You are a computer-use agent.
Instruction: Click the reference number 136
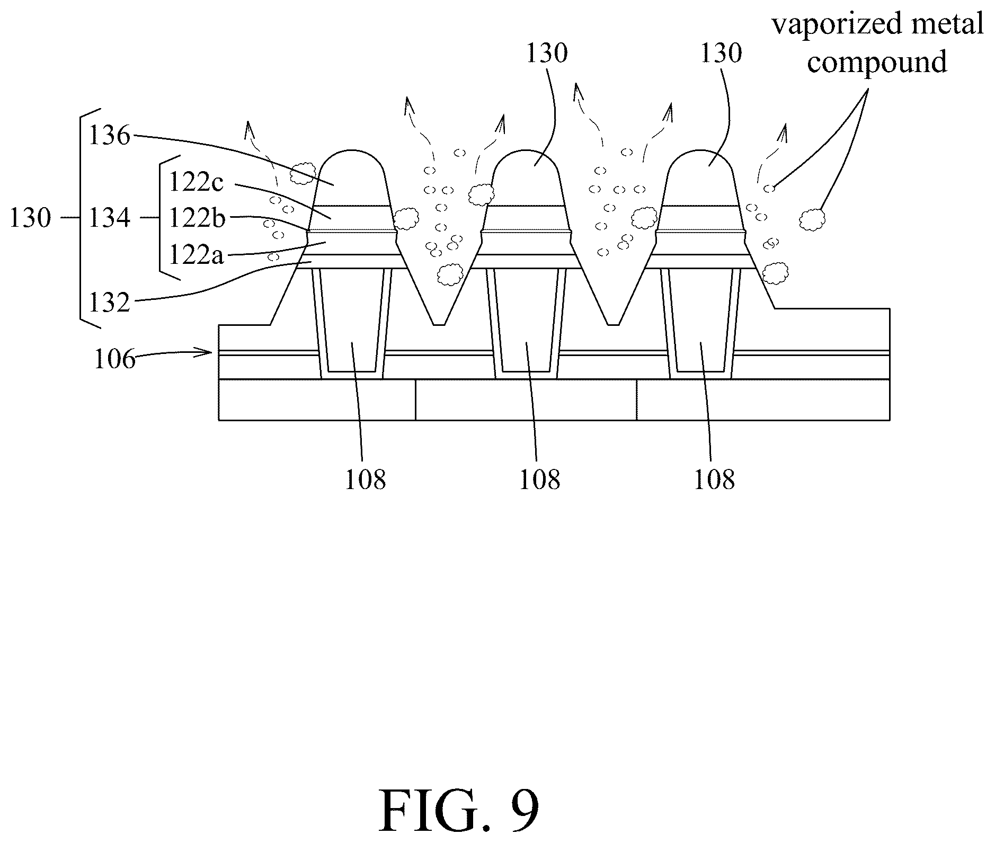pyautogui.click(x=109, y=136)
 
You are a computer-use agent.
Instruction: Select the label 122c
pyautogui.click(x=197, y=183)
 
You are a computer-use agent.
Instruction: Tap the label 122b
pyautogui.click(x=197, y=217)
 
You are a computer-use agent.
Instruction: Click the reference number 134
pyautogui.click(x=109, y=218)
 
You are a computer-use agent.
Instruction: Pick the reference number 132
pyautogui.click(x=109, y=304)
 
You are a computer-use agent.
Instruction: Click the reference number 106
pyautogui.click(x=114, y=360)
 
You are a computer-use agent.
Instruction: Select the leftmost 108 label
pyautogui.click(x=365, y=480)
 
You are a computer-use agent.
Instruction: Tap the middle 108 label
pyautogui.click(x=539, y=480)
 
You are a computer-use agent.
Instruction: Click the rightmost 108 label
pyautogui.click(x=714, y=480)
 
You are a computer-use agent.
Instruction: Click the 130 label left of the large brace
pyautogui.click(x=30, y=218)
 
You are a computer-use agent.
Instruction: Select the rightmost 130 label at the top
pyautogui.click(x=721, y=54)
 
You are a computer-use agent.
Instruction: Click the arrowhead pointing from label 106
pyautogui.click(x=208, y=351)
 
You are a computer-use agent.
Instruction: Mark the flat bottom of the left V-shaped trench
pyautogui.click(x=439, y=324)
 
